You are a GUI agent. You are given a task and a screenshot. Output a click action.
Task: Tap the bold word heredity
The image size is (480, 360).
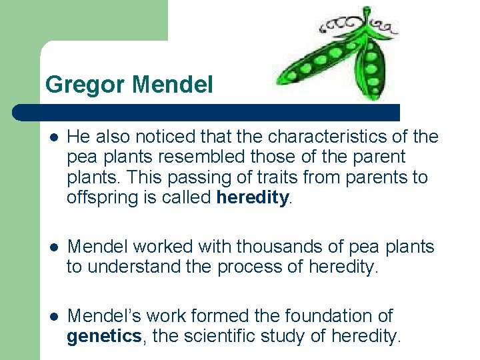(253, 198)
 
